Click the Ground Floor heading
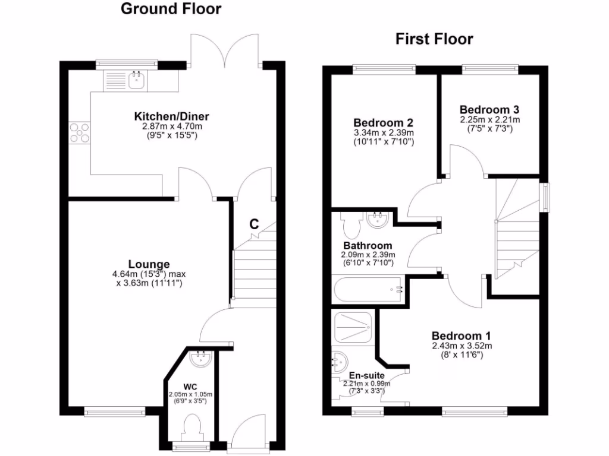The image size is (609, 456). (x=171, y=9)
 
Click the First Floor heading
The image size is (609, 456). (x=434, y=39)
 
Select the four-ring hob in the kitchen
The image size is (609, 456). (x=80, y=132)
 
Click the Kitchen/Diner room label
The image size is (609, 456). (x=171, y=116)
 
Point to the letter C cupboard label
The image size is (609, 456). (x=253, y=224)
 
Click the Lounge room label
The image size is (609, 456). (x=149, y=264)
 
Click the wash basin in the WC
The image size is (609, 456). (x=201, y=359)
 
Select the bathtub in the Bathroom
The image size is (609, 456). (x=368, y=289)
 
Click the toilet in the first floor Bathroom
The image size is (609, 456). (x=351, y=224)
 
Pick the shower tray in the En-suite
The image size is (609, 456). (x=353, y=328)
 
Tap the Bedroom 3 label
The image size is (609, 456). (x=489, y=110)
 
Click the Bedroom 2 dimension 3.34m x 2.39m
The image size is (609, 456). (x=384, y=132)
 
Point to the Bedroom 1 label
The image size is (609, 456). (x=461, y=336)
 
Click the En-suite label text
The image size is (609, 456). (x=366, y=375)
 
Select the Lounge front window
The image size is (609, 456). (x=115, y=411)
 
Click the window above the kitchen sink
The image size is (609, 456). (x=127, y=64)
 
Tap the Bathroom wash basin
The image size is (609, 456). (x=378, y=220)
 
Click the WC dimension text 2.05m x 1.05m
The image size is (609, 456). (x=190, y=394)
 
